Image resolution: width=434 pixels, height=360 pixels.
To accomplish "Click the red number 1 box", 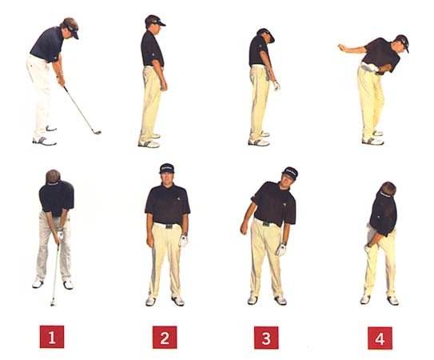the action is (52, 337).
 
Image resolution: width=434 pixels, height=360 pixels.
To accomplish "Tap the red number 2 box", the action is (165, 338).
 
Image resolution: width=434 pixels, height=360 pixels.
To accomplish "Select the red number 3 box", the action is (266, 338).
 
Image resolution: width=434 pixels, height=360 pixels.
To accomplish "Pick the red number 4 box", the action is (380, 338).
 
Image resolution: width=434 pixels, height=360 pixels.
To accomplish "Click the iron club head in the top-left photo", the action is (97, 132).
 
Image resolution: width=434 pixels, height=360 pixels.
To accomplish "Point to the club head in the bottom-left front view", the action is (53, 302).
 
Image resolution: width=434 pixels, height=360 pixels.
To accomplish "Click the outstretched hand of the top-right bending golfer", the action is (342, 47).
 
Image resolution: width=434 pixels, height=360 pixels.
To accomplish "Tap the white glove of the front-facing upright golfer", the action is (183, 241).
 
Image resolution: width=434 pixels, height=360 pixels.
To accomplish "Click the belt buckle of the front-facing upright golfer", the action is (169, 226).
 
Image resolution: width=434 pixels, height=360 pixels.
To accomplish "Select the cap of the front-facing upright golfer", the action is (167, 168).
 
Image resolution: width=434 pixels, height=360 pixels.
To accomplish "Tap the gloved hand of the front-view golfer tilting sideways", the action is (281, 250).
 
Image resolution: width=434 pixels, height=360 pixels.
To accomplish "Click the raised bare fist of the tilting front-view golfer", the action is (244, 228).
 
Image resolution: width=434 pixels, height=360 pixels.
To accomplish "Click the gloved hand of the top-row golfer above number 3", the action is (277, 86).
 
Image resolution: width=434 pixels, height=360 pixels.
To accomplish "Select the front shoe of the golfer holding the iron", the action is (45, 141).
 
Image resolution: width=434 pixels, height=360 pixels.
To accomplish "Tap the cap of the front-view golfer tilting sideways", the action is (290, 173).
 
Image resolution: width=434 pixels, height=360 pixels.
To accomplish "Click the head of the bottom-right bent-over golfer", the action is (387, 190).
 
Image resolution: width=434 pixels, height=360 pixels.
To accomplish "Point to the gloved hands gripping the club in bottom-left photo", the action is (60, 236).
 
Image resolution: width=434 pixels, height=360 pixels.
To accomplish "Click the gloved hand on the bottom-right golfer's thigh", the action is (368, 248).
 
